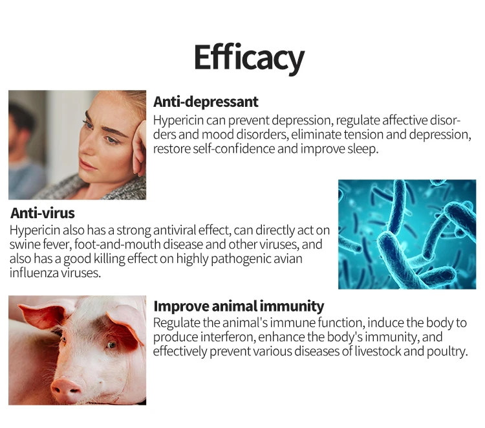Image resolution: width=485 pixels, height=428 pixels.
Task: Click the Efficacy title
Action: click(250, 58)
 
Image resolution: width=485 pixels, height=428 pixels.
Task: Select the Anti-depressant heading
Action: click(206, 102)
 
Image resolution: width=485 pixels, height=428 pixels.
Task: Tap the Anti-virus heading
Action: click(43, 213)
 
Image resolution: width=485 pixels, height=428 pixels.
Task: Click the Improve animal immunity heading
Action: click(239, 306)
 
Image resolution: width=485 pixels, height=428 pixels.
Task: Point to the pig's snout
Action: click(64, 388)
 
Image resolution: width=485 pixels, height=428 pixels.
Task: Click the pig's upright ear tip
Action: click(21, 306)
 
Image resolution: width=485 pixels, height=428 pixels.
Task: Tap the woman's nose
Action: click(86, 149)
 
